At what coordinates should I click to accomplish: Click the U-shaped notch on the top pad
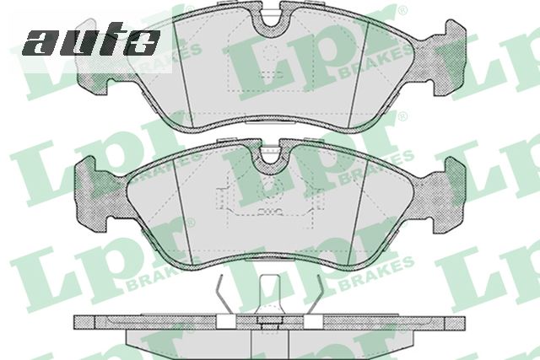pyautogui.click(x=270, y=19)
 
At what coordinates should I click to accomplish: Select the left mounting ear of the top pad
pyautogui.click(x=94, y=83)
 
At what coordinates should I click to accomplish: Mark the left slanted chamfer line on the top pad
pyautogui.click(x=183, y=72)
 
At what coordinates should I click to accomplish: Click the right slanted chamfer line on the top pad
pyautogui.click(x=359, y=74)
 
